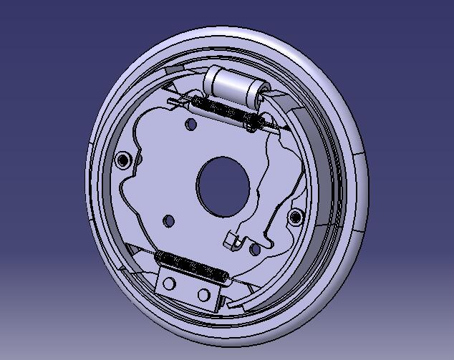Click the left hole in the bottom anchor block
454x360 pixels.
coord(170,284)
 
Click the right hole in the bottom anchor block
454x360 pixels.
coord(204,294)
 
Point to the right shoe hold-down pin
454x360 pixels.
coord(294,216)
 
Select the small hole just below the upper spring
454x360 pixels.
coord(190,125)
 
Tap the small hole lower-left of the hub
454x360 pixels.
coord(169,220)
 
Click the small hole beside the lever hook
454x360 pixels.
coord(256,249)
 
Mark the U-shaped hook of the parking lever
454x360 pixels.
coord(234,240)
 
